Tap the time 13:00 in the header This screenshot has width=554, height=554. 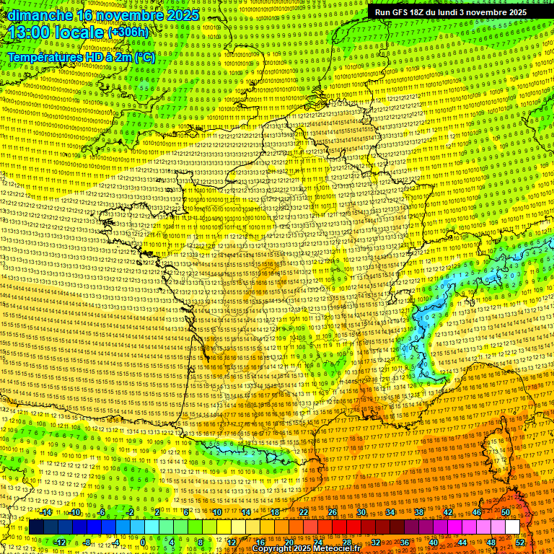click(x=30, y=33)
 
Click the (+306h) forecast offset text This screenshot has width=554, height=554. click(x=128, y=32)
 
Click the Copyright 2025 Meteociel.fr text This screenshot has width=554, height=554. click(x=306, y=549)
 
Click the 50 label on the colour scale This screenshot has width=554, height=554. click(x=506, y=512)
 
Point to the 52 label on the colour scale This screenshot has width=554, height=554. click(x=520, y=542)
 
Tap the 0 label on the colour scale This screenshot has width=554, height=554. click(x=144, y=542)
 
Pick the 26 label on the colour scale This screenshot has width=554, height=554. click(x=333, y=512)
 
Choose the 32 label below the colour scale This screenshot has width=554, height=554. click(x=376, y=542)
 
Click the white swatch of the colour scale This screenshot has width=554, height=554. click(x=513, y=527)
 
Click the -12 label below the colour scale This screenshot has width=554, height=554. click(x=60, y=542)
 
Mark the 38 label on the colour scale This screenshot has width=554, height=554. click(x=419, y=512)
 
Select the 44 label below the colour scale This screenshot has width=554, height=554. click(x=462, y=542)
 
